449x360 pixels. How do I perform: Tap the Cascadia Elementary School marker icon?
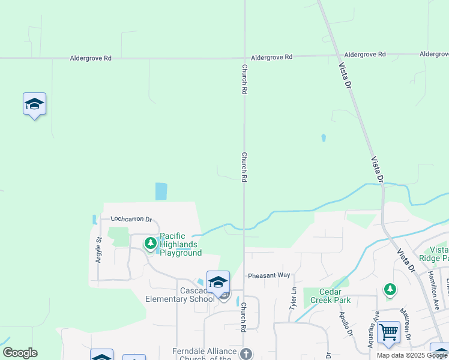tap(218, 283)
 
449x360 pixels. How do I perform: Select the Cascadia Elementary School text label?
tap(180, 295)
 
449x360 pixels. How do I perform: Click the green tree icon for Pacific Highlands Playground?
tap(150, 243)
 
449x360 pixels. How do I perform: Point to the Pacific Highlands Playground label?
tap(181, 245)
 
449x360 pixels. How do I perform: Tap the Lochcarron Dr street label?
tap(131, 220)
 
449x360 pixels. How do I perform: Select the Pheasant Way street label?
tap(269, 275)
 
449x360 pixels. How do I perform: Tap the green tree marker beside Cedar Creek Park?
tap(390, 290)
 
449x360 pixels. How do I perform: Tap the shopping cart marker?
tap(389, 331)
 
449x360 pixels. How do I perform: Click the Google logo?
tap(20, 353)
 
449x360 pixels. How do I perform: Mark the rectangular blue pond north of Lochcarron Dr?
tap(161, 191)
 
